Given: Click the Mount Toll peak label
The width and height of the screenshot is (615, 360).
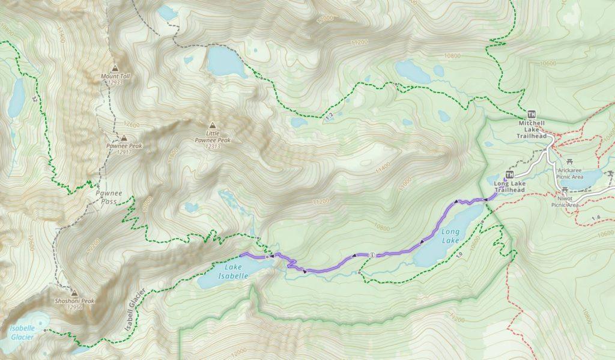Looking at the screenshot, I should pyautogui.click(x=115, y=76).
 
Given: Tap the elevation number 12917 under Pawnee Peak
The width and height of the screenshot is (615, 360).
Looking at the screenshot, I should pyautogui.click(x=124, y=153).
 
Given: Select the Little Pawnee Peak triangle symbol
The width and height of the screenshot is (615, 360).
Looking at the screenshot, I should pyautogui.click(x=211, y=127).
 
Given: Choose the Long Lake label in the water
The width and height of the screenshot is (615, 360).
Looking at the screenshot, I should pyautogui.click(x=450, y=236).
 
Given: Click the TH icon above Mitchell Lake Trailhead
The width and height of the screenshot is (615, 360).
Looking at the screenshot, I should pyautogui.click(x=531, y=114).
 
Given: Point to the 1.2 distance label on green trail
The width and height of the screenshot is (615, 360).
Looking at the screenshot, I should pyautogui.click(x=328, y=115).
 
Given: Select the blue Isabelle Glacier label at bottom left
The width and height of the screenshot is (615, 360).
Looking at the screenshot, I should pyautogui.click(x=22, y=333).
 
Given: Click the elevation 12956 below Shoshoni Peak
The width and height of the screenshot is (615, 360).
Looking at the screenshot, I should pyautogui.click(x=74, y=308).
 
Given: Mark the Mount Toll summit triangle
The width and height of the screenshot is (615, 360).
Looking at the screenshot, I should pyautogui.click(x=115, y=68).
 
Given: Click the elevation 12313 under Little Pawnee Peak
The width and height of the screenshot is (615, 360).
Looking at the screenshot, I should pyautogui.click(x=213, y=146).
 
